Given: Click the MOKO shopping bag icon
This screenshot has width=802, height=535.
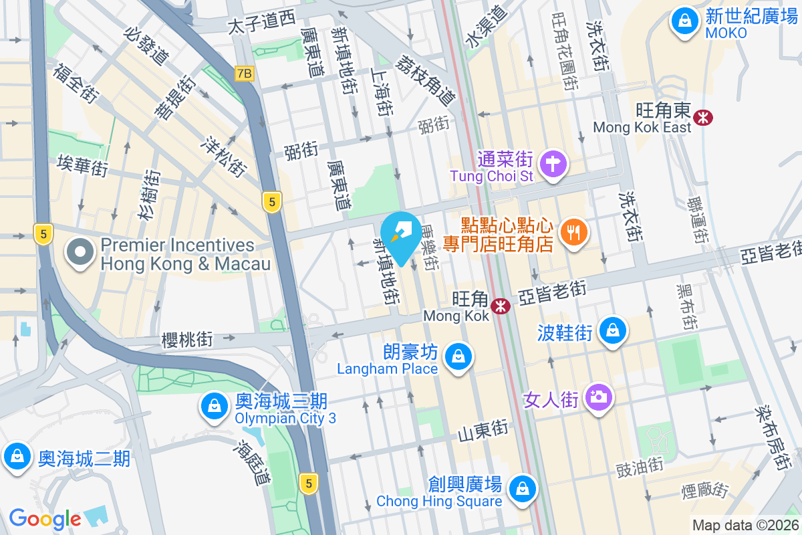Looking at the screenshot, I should point(684,22).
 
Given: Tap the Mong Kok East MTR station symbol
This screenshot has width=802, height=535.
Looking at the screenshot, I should point(702,118).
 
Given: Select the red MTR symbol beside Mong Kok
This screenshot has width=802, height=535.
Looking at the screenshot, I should point(499,306).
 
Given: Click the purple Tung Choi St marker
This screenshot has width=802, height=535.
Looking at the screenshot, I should point(553,163).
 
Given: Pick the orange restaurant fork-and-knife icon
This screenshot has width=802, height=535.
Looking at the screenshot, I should point(572,232).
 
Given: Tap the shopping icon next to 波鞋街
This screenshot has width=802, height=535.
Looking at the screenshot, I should point(612,330).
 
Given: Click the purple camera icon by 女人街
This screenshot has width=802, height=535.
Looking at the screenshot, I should point(598,397).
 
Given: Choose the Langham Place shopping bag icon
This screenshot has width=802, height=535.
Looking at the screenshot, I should point(458,356).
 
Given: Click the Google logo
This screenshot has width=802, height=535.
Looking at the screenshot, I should point(45,518).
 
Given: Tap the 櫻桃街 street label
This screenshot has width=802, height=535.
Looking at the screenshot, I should point(187,340).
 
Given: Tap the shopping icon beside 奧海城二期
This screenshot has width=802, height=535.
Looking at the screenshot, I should point(17,457).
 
